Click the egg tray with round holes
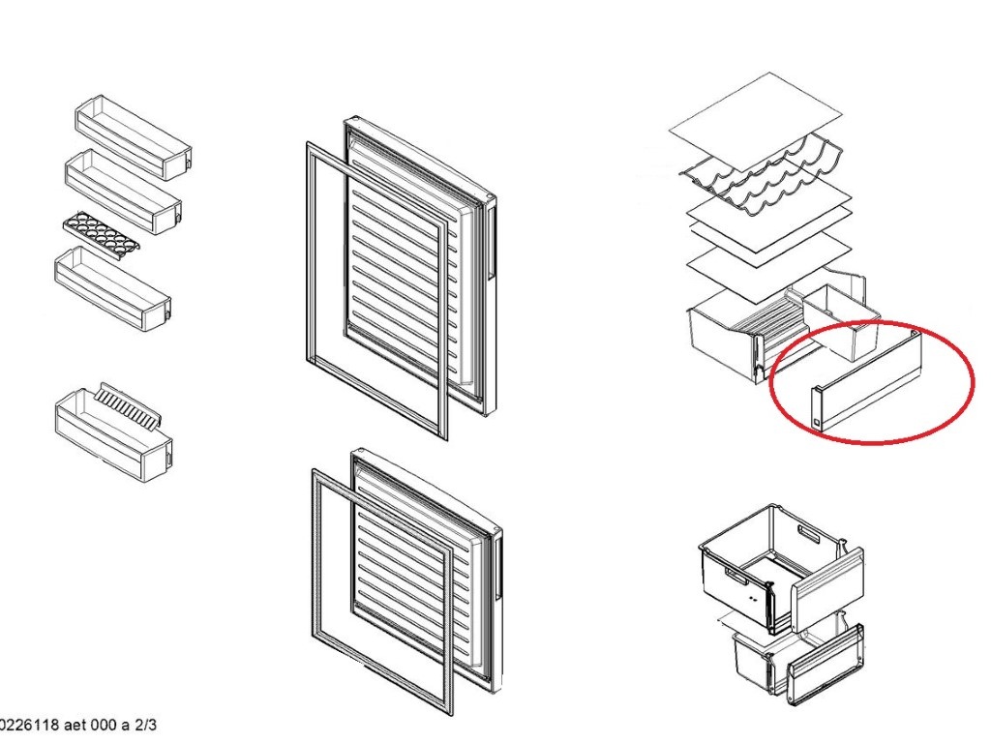(x=101, y=232)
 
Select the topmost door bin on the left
(x=134, y=137)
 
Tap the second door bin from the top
(x=123, y=192)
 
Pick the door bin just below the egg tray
(x=113, y=288)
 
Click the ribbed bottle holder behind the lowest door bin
(x=129, y=406)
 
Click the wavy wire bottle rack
(x=762, y=174)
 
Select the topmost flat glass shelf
(x=755, y=120)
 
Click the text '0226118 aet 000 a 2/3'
(x=77, y=724)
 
